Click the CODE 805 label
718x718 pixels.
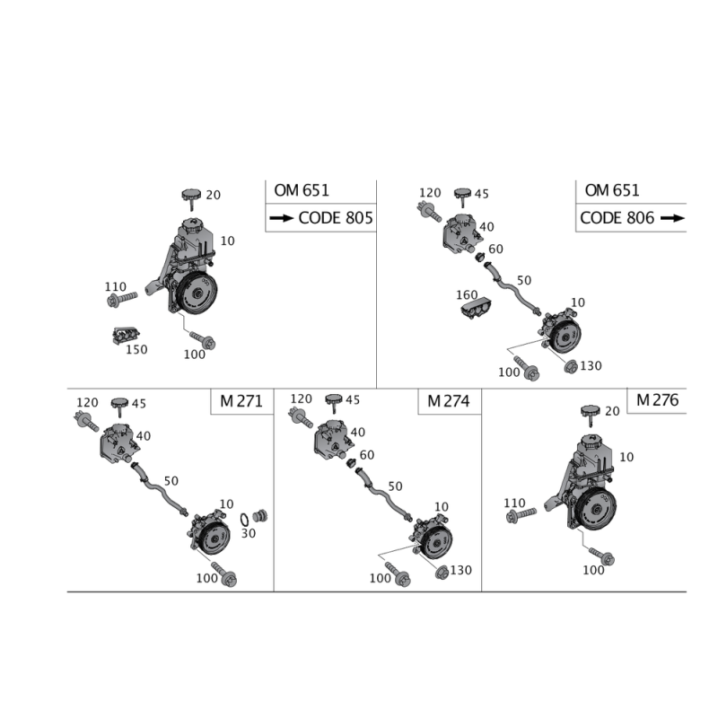[x=336, y=218]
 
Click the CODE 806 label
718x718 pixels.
[x=617, y=218]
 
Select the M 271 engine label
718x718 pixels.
[x=241, y=401]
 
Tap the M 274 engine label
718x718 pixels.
[x=448, y=401]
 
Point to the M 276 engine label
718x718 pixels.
[x=657, y=400]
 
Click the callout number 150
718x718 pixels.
[x=136, y=350]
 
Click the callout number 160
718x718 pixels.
[x=467, y=295]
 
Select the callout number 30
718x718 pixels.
[x=249, y=533]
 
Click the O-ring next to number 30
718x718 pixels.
[x=244, y=520]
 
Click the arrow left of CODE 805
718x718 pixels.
[x=282, y=218]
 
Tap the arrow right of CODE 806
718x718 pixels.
[x=672, y=218]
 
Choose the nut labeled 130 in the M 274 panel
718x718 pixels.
[x=442, y=573]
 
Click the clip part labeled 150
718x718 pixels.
[x=126, y=336]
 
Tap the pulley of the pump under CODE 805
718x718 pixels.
[x=197, y=293]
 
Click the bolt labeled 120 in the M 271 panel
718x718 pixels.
[x=86, y=421]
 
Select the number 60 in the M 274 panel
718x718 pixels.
[x=367, y=455]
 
